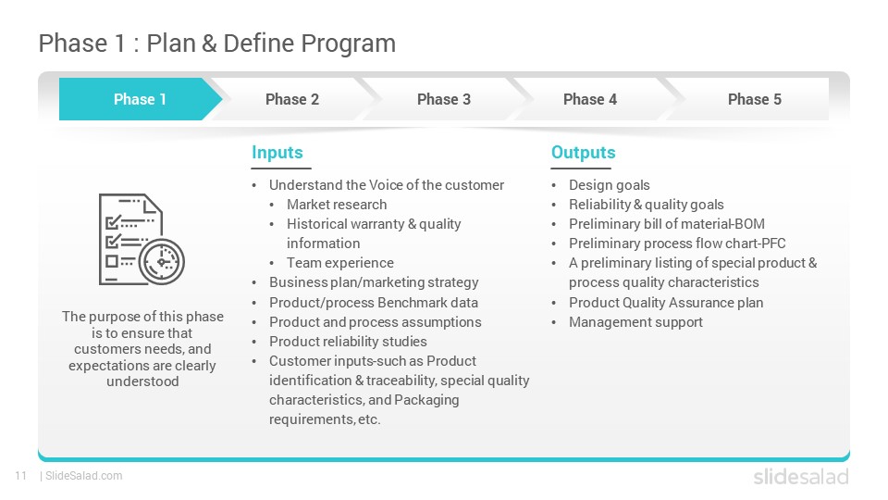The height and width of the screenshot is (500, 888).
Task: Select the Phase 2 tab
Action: point(292,99)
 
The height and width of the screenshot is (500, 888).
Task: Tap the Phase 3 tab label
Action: point(444,99)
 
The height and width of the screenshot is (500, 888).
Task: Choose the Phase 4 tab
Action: point(590,99)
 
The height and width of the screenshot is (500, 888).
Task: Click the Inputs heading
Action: point(277,153)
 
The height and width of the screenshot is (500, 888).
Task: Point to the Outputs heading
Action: point(584,153)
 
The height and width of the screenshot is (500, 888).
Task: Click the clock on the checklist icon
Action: point(162,262)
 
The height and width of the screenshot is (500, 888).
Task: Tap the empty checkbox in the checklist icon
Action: point(112,261)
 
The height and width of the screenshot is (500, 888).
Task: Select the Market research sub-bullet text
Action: point(337,205)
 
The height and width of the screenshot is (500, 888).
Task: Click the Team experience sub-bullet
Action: point(340,263)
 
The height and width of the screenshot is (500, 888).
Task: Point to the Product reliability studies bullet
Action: point(349,342)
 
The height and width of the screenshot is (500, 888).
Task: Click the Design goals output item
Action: point(610,185)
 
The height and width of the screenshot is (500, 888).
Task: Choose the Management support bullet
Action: point(636,322)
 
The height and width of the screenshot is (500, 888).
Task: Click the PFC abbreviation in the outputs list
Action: point(773,244)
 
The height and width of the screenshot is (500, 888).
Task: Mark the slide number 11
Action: point(21,476)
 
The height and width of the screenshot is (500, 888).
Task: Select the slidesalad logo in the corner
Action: point(801,477)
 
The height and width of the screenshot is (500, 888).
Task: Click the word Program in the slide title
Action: point(349,44)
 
